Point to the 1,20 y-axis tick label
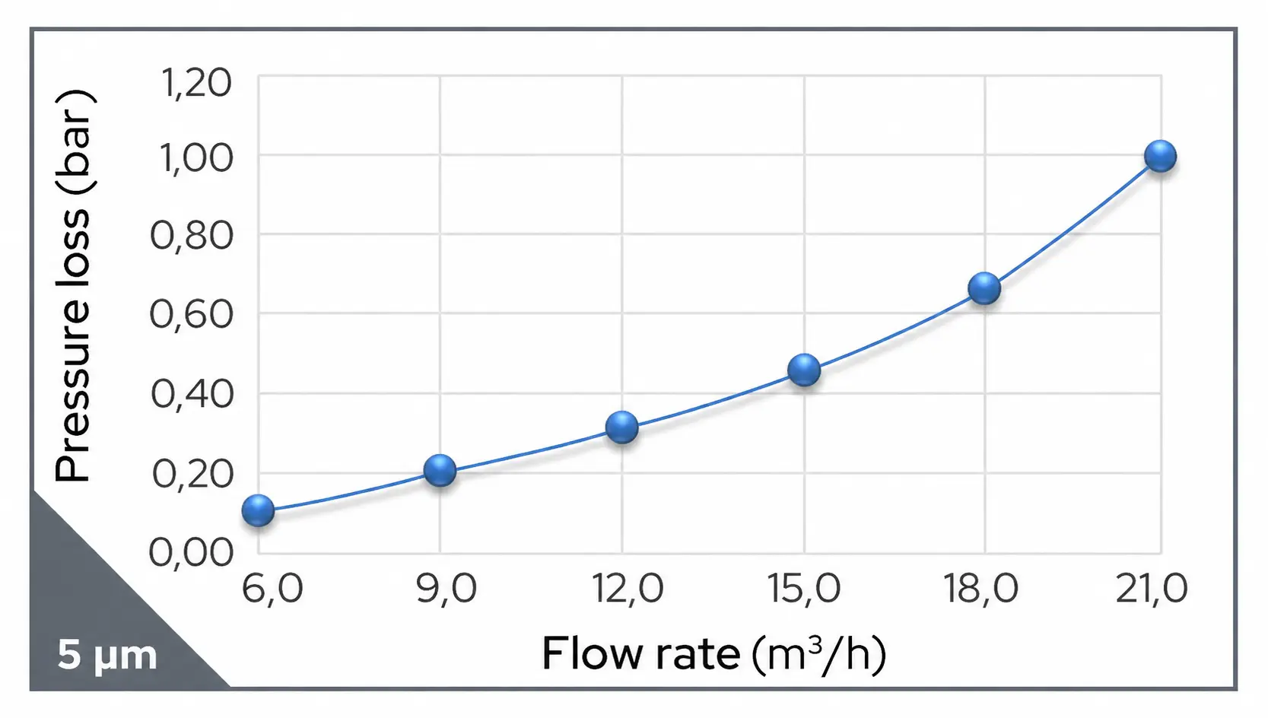point(196,82)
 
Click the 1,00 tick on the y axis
point(196,158)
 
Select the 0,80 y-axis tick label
point(192,236)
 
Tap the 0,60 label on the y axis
point(192,314)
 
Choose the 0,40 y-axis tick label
point(192,394)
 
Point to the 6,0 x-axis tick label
point(272,589)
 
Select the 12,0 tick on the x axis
point(628,589)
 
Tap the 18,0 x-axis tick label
point(980,589)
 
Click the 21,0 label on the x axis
point(1151,589)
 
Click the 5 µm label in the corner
point(107,655)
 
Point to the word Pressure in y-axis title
point(74,390)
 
